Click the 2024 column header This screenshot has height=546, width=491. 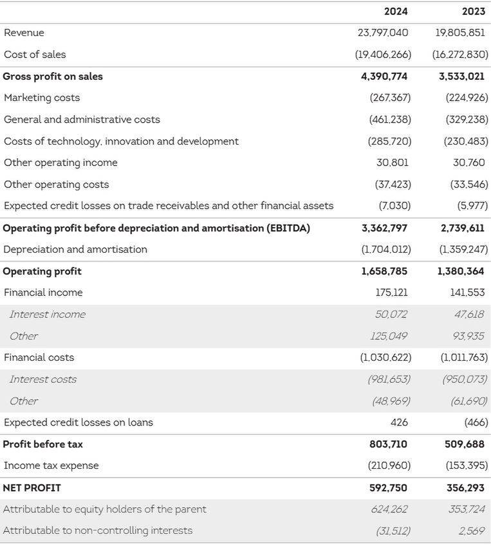[396, 12]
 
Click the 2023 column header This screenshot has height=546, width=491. [474, 12]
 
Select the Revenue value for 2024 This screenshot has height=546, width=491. [383, 33]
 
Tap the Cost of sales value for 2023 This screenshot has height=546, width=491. [460, 55]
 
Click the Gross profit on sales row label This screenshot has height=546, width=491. [53, 77]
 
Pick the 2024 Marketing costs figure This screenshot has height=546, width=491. [390, 98]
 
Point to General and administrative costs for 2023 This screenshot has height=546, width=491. [467, 120]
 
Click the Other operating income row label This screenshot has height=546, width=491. [60, 163]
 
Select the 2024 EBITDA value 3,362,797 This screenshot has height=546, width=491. [384, 228]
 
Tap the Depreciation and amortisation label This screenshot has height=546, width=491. [75, 250]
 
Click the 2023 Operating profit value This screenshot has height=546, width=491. [461, 271]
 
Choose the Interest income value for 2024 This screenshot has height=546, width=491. [391, 314]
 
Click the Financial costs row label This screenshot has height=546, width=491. [39, 358]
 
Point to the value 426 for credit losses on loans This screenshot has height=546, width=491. [399, 423]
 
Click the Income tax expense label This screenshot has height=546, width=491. [51, 466]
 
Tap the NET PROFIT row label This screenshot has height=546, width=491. [32, 488]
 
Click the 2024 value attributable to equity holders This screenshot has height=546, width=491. [389, 509]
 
